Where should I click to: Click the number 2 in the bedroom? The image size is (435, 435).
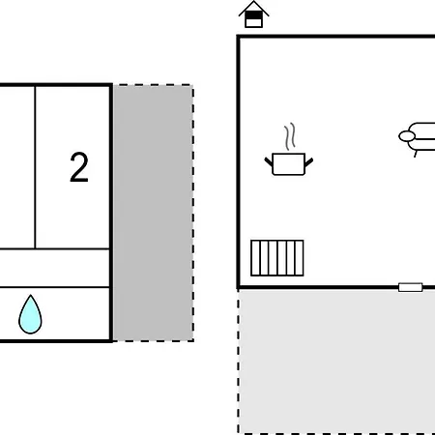[79, 167]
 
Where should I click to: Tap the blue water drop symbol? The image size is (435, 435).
[30, 315]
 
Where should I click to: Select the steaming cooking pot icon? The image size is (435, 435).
[289, 149]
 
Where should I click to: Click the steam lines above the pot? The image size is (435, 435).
[290, 136]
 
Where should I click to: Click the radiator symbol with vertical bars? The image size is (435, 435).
[277, 258]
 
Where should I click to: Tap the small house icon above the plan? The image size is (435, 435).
[254, 14]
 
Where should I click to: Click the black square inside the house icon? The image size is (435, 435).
[254, 15]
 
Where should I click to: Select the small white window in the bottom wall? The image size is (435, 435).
[411, 287]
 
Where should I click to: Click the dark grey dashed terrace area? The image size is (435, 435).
[154, 213]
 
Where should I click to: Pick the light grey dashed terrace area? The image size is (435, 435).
[336, 362]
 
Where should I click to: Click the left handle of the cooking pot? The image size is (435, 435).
[269, 161]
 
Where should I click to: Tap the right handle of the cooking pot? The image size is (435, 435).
[308, 161]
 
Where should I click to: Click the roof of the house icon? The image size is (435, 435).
[254, 7]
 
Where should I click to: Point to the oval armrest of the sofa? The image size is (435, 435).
[407, 136]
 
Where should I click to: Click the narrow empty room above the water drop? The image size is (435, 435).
[55, 268]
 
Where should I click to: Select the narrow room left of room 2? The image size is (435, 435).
[16, 167]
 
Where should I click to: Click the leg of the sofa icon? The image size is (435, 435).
[416, 154]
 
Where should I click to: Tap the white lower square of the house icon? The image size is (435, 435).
[254, 23]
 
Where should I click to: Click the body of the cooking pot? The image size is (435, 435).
[289, 164]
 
